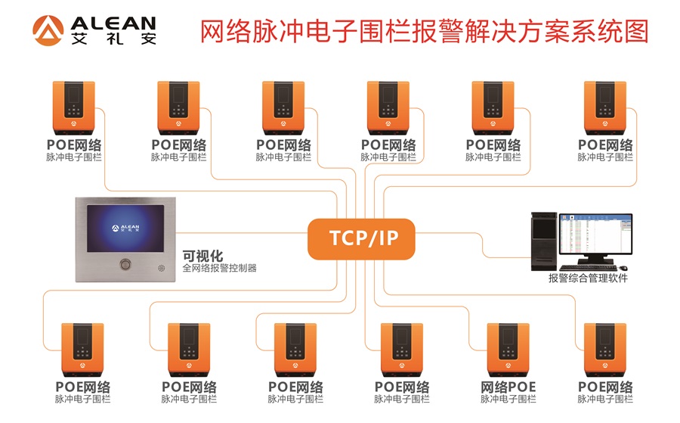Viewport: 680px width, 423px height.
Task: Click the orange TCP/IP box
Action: pyautogui.click(x=362, y=238)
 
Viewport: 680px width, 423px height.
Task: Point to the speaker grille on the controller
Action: pyautogui.click(x=159, y=266)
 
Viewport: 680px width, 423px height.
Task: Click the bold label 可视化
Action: pyautogui.click(x=202, y=255)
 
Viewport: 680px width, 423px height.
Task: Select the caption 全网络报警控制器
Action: pyautogui.click(x=220, y=268)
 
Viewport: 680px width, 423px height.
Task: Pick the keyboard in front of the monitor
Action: pyautogui.click(x=587, y=269)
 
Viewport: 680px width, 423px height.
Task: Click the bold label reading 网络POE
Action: pyautogui.click(x=508, y=387)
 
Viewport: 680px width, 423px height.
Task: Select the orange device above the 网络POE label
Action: pyautogui.click(x=508, y=348)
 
